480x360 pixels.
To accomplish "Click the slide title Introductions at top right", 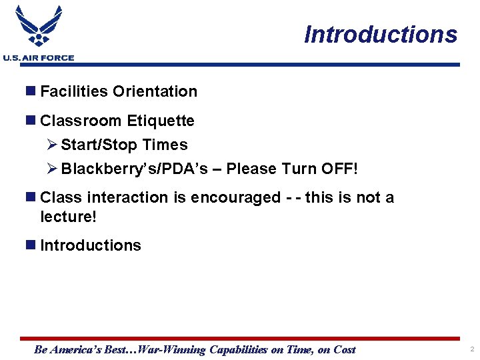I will click(381, 34).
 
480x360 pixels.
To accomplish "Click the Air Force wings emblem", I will click(39, 27).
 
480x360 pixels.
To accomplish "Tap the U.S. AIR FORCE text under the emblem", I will click(39, 58).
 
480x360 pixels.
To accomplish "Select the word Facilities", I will click(74, 91).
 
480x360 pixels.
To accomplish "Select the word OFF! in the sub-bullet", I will click(340, 169).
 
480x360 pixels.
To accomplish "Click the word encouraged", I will click(236, 197).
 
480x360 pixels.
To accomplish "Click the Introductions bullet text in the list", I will click(91, 245).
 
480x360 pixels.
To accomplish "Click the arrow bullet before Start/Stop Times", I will click(53, 145).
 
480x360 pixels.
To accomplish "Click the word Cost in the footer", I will click(344, 349).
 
